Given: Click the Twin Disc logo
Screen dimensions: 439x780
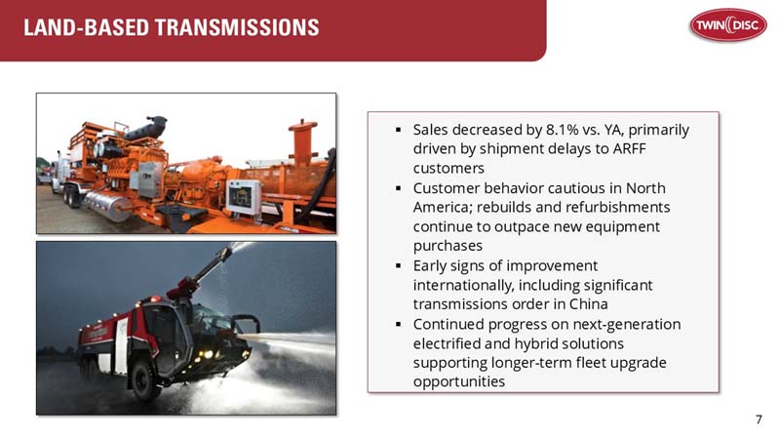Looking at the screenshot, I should click(726, 24).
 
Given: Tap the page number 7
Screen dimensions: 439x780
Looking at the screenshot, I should click(759, 419).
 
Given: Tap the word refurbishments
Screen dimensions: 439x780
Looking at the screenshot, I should click(607, 207).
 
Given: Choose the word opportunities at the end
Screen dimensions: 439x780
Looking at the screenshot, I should click(458, 381).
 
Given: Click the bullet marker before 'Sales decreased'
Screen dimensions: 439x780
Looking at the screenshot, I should click(398, 130).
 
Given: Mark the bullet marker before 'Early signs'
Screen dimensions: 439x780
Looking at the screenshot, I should click(398, 265).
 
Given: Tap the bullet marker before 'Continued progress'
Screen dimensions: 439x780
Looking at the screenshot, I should click(398, 324).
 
